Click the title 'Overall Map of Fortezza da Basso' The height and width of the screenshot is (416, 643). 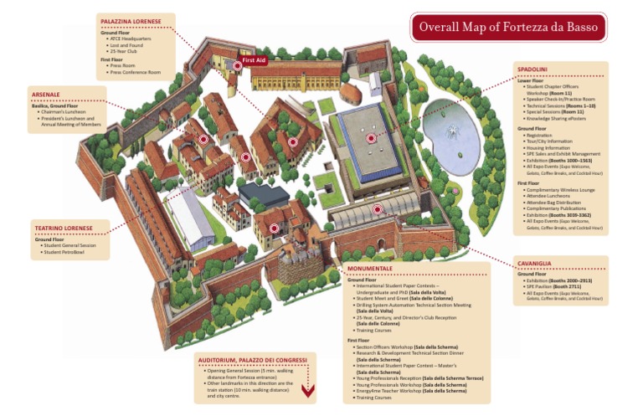(x=508, y=27)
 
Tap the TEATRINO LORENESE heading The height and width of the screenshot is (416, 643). (x=62, y=228)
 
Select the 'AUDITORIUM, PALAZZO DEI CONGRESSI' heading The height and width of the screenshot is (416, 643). (x=252, y=360)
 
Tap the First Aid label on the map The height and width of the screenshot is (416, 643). (x=254, y=61)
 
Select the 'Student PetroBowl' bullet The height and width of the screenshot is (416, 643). (x=63, y=251)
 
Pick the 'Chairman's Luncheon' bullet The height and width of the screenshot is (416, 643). (x=62, y=112)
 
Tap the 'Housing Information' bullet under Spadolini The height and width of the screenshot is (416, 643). (x=548, y=147)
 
